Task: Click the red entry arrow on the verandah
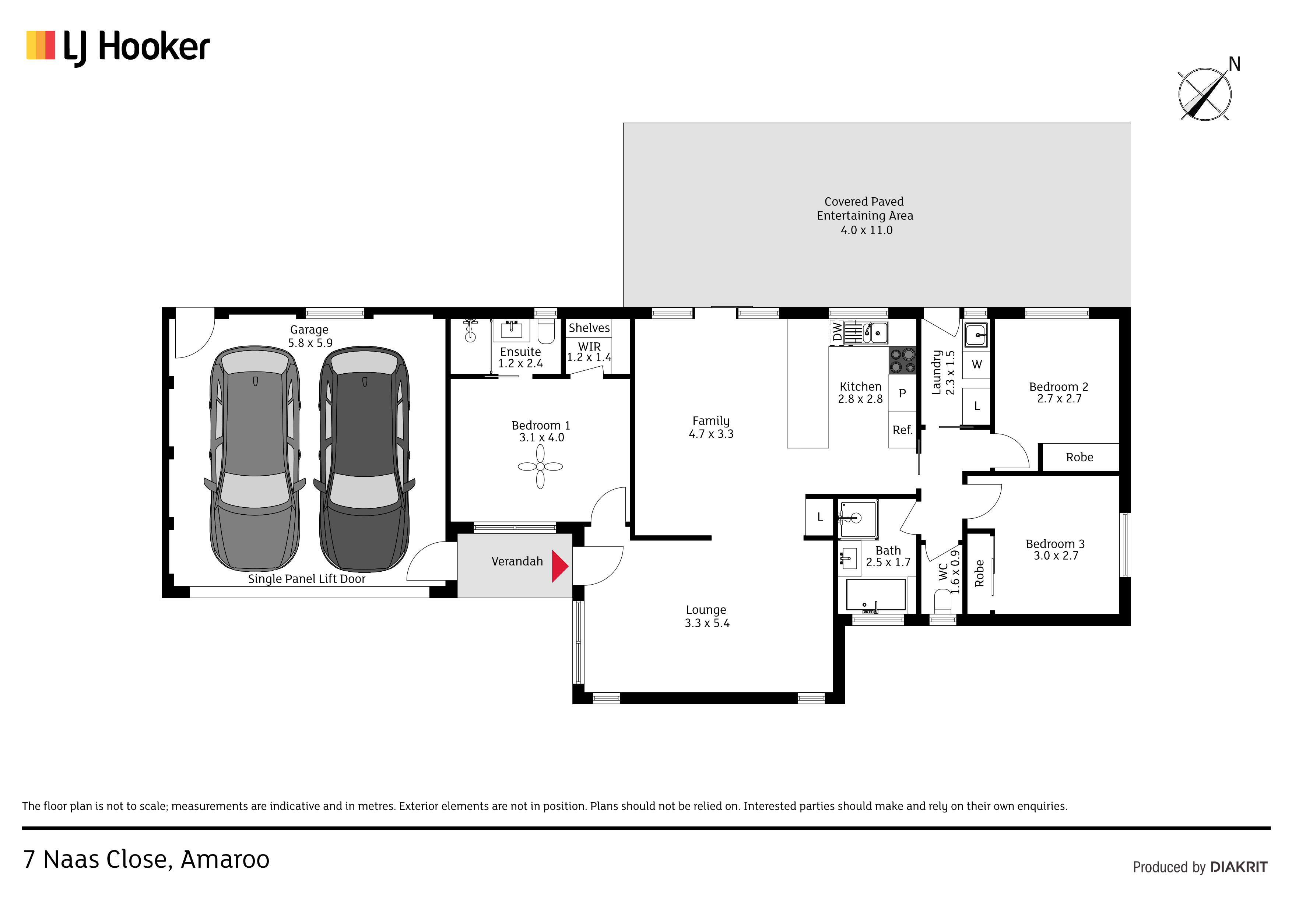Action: pos(559,566)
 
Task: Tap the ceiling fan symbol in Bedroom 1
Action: pos(540,466)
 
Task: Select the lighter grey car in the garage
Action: pos(255,458)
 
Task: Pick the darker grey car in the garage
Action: pos(365,458)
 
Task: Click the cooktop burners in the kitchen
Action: pos(903,360)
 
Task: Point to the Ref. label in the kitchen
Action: pos(902,430)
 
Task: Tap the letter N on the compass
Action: pos(1234,64)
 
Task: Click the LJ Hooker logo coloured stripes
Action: pos(41,45)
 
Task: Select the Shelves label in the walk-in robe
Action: pos(589,328)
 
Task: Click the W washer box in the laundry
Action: pos(976,364)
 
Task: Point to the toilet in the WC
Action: pos(942,601)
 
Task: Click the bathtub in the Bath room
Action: pos(876,596)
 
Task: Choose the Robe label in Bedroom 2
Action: pos(1079,457)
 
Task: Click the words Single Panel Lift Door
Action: pos(307,579)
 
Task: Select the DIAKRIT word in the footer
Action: pos(1239,867)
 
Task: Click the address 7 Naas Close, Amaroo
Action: pos(146,860)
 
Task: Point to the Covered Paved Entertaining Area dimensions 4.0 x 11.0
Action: pos(867,230)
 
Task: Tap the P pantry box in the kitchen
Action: pos(903,393)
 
